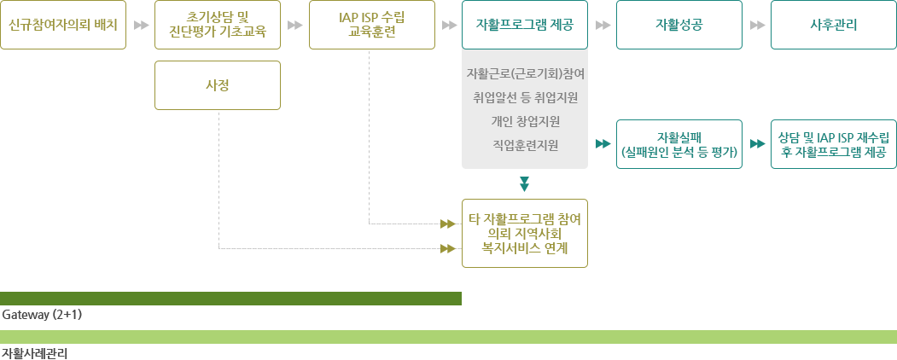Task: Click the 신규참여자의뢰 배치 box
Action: (x=62, y=25)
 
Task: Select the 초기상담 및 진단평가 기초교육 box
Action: (x=218, y=25)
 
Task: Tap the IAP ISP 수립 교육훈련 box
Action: (x=371, y=25)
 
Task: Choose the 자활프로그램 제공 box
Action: (x=525, y=25)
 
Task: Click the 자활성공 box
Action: (x=679, y=25)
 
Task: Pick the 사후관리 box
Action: (x=833, y=25)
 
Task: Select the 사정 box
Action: (x=218, y=85)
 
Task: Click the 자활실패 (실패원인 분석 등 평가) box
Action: (x=679, y=144)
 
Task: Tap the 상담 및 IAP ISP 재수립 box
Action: (x=833, y=144)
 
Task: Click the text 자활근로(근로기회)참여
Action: (x=525, y=73)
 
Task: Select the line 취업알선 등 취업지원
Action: (x=525, y=97)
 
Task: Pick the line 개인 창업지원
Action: (x=525, y=121)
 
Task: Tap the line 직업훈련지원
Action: (x=525, y=145)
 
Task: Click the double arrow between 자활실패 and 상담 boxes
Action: (x=756, y=144)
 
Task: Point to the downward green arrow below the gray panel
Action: (x=525, y=183)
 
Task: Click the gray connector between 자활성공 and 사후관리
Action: (x=757, y=25)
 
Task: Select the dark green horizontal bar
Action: (x=230, y=298)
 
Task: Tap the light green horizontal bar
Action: (x=448, y=336)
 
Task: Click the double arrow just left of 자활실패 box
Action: (x=603, y=144)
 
